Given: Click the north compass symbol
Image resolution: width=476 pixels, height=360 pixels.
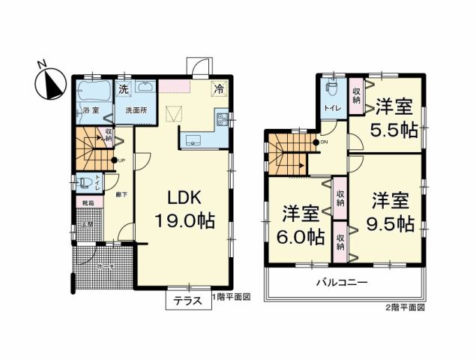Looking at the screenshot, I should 49,82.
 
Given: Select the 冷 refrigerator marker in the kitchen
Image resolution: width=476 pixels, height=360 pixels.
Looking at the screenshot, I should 219,88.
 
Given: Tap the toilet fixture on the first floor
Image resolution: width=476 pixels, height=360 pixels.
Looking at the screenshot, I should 84,183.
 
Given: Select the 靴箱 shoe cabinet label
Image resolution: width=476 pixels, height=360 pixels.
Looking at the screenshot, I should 88,202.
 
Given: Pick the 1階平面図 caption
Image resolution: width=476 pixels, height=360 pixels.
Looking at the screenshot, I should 229,297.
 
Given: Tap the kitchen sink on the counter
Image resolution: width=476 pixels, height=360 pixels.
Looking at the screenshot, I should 191,138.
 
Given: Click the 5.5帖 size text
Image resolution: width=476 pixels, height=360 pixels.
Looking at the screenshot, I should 397,129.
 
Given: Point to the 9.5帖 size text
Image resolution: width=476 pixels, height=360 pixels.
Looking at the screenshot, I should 395,223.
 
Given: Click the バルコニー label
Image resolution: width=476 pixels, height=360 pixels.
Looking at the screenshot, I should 340,283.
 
